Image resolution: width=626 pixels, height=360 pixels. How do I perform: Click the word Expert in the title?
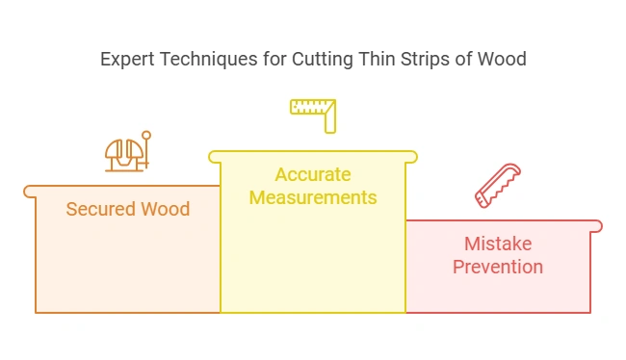pyautogui.click(x=126, y=60)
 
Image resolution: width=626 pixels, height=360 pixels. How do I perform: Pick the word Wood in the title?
pyautogui.click(x=503, y=60)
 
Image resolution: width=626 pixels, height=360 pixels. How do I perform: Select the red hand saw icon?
pyautogui.click(x=498, y=185)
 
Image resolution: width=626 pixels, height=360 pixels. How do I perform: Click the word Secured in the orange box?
pyautogui.click(x=99, y=209)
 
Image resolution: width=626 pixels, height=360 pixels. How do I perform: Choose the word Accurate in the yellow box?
pyautogui.click(x=313, y=174)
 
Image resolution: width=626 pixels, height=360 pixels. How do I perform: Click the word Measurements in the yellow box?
pyautogui.click(x=313, y=197)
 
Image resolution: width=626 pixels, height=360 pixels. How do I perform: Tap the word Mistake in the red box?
pyautogui.click(x=498, y=244)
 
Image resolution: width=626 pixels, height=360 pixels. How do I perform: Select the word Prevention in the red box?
pyautogui.click(x=498, y=267)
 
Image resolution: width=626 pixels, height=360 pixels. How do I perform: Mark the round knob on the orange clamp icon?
pyautogui.click(x=146, y=136)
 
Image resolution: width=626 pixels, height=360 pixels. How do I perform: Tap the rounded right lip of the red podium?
pyautogui.click(x=596, y=226)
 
